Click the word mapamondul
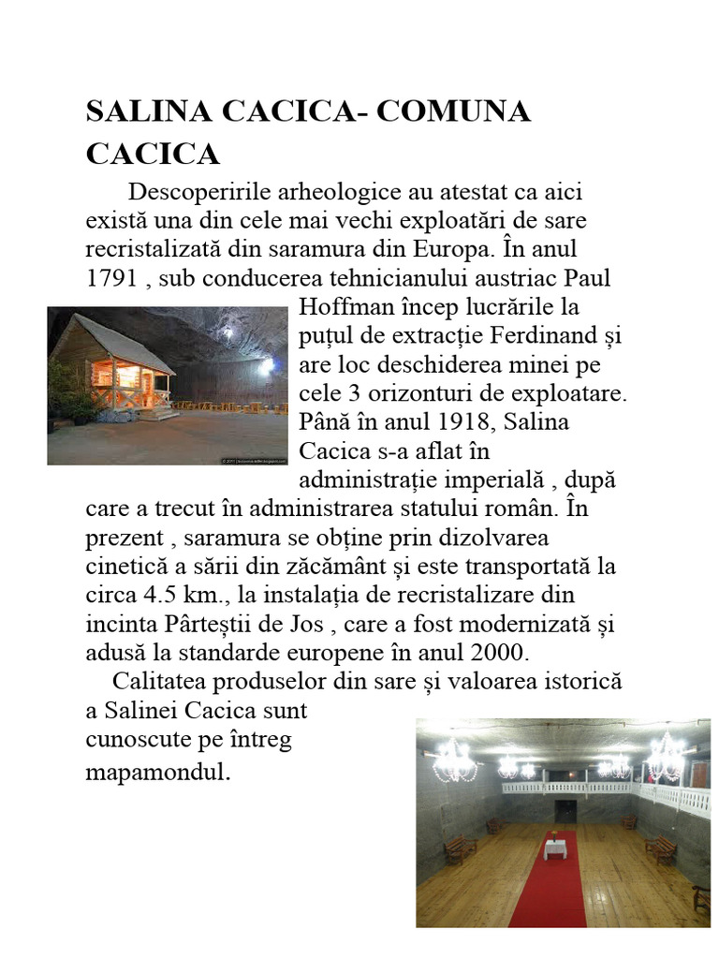(156, 775)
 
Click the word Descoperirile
(193, 192)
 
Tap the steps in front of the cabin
(163, 411)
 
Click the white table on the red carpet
(557, 848)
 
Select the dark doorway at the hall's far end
(565, 810)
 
